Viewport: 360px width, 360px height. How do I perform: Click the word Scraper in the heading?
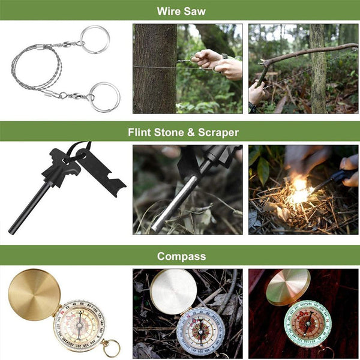218,132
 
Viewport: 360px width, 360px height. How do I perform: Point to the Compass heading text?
181,256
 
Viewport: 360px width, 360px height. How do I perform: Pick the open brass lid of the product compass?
34,295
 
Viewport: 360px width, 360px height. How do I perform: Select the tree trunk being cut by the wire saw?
155,69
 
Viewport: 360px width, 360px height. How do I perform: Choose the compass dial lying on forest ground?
201,332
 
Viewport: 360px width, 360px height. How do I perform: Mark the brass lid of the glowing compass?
288,287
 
